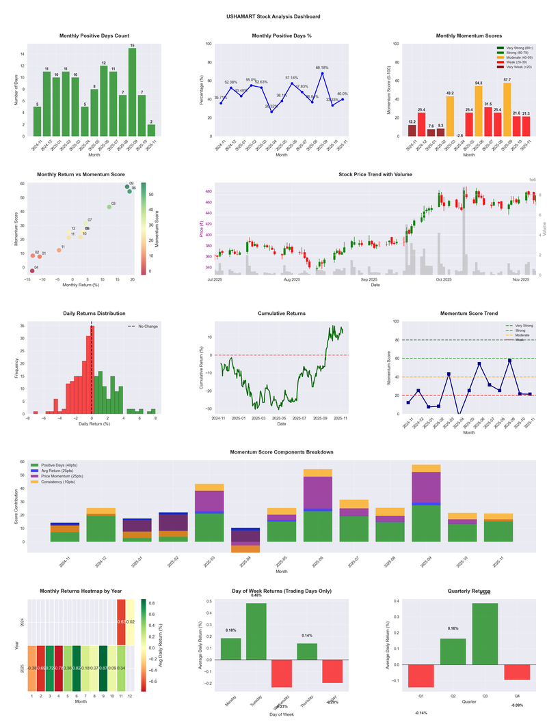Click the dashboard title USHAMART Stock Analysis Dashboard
click(273, 16)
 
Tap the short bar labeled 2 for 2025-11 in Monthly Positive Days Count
click(151, 130)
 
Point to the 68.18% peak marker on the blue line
click(322, 73)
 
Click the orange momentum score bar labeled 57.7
click(507, 109)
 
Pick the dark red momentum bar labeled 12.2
click(412, 130)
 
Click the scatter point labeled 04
click(32, 271)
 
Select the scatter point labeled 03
click(109, 207)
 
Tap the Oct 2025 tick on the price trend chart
click(444, 279)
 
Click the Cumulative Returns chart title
click(282, 313)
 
